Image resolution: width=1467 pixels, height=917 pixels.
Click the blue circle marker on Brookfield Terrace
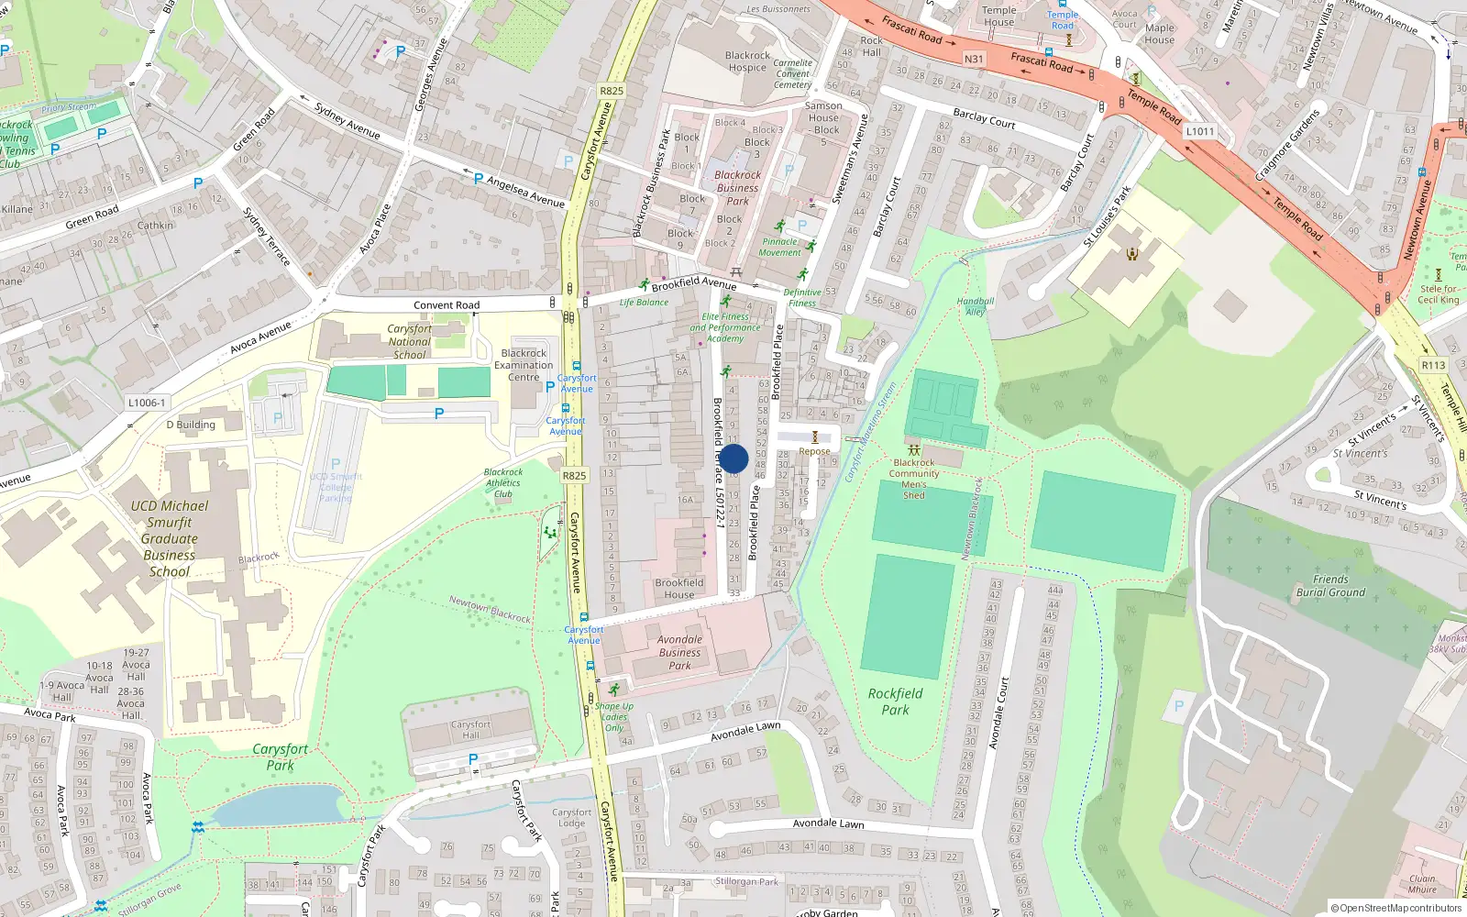733,458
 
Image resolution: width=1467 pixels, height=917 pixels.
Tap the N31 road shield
974,59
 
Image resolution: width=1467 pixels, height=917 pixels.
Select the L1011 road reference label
1200,131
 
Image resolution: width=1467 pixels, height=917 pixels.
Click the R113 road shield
1433,365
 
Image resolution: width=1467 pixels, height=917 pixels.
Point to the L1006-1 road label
147,403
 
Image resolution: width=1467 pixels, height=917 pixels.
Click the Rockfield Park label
895,702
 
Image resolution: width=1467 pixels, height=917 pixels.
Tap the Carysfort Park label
280,757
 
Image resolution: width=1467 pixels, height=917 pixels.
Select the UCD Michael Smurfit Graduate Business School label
170,538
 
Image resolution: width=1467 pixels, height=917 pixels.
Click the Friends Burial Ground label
1329,586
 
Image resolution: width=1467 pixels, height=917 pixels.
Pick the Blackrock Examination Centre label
524,365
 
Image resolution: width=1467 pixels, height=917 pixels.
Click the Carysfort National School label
409,341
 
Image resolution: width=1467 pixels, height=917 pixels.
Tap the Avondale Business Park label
679,652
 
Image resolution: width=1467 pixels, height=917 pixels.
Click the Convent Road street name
447,305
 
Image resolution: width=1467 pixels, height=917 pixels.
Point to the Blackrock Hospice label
747,61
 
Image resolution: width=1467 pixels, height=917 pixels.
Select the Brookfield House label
679,589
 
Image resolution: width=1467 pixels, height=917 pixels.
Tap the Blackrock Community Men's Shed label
913,479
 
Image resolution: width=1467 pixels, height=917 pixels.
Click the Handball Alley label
975,306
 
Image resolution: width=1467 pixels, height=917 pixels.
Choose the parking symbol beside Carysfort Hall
473,758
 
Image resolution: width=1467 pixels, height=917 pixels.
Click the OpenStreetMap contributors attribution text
1395,909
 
